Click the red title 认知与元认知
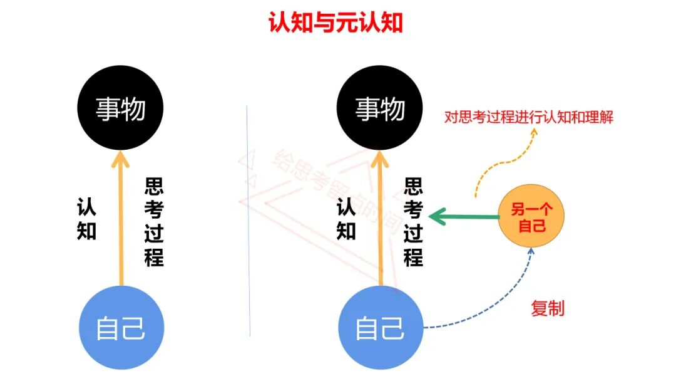(x=335, y=23)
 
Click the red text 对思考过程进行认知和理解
(x=528, y=117)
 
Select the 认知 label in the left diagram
(x=86, y=219)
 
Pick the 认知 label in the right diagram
(x=346, y=219)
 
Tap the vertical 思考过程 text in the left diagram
(x=154, y=222)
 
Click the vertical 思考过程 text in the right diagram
(x=413, y=222)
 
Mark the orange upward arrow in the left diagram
(x=120, y=219)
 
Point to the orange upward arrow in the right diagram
(x=379, y=219)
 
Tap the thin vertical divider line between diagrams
(x=248, y=219)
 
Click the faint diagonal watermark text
(x=332, y=188)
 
